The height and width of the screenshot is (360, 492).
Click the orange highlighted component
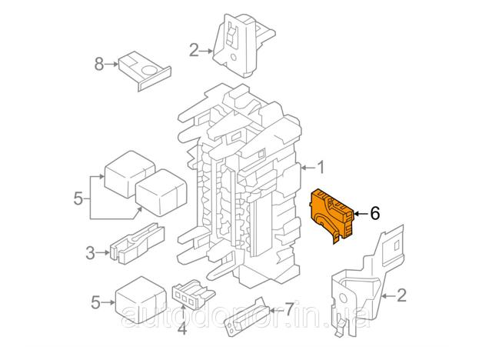click(x=331, y=215)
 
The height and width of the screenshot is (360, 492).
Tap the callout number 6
click(x=375, y=214)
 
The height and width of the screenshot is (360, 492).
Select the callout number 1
click(x=321, y=168)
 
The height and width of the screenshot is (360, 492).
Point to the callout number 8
click(x=99, y=64)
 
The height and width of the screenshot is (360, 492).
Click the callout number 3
click(x=91, y=253)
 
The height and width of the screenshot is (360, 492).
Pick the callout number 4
click(x=182, y=328)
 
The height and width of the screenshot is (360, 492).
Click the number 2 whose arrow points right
click(x=194, y=51)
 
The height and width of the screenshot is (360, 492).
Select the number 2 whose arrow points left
click(x=401, y=295)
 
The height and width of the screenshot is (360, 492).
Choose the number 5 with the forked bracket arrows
click(x=78, y=198)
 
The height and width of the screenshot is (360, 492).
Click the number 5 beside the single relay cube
click(x=95, y=302)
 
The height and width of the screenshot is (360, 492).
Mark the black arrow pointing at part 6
click(x=361, y=214)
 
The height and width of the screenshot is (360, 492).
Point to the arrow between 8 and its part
click(x=111, y=64)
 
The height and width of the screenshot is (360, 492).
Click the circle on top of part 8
click(x=148, y=70)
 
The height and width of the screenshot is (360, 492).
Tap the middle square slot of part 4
click(x=184, y=297)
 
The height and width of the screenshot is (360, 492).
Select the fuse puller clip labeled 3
click(x=137, y=243)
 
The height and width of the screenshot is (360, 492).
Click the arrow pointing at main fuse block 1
click(x=307, y=168)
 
